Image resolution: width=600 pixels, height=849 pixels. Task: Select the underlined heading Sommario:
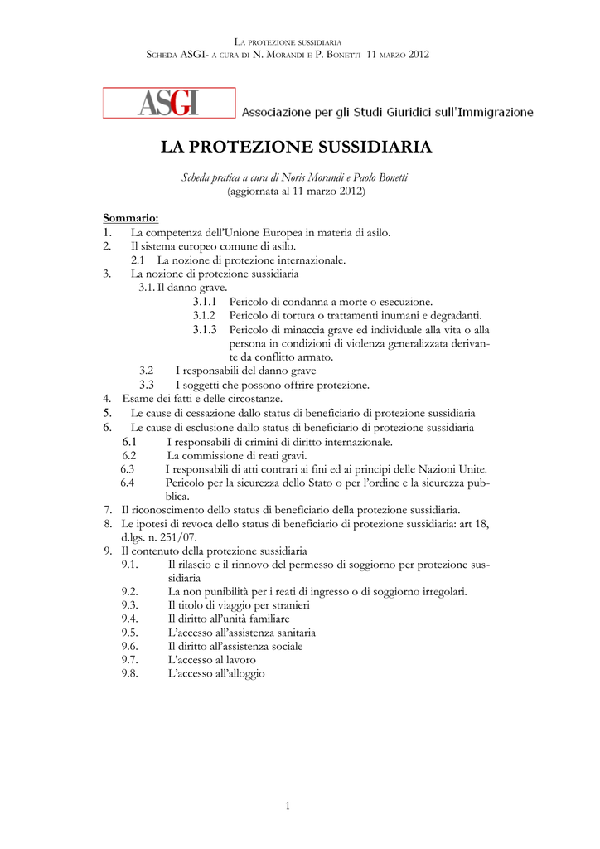[130, 218]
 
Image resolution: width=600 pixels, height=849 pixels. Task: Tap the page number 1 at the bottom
[288, 806]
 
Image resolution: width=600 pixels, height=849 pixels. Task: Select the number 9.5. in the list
[130, 632]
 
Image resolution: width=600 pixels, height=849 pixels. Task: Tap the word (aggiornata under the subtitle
[254, 191]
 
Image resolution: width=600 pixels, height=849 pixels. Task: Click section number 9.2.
[130, 591]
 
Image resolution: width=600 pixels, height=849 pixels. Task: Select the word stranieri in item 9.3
[286, 605]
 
